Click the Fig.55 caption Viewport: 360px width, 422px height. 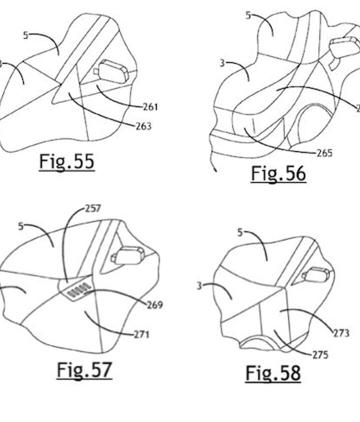click(67, 162)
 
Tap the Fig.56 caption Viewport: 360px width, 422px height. click(278, 174)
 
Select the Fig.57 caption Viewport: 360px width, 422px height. click(84, 371)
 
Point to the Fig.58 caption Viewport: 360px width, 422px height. click(273, 373)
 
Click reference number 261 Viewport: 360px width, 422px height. click(150, 107)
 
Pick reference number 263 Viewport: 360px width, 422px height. click(143, 126)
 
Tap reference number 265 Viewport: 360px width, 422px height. click(324, 153)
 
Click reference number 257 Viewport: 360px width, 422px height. click(93, 209)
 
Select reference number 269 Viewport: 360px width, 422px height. click(154, 305)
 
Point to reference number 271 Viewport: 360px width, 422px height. click(141, 335)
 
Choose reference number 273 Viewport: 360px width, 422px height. click(341, 334)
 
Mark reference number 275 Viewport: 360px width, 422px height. click(320, 355)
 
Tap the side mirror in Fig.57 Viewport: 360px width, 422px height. click(127, 255)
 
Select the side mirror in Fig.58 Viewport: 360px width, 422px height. click(315, 275)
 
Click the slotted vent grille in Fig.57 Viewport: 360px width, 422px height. click(77, 290)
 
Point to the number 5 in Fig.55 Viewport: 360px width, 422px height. click(25, 35)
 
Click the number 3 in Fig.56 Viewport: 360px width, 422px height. click(222, 63)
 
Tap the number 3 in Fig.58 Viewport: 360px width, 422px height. click(199, 286)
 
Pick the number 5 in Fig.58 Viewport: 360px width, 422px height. click(240, 233)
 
